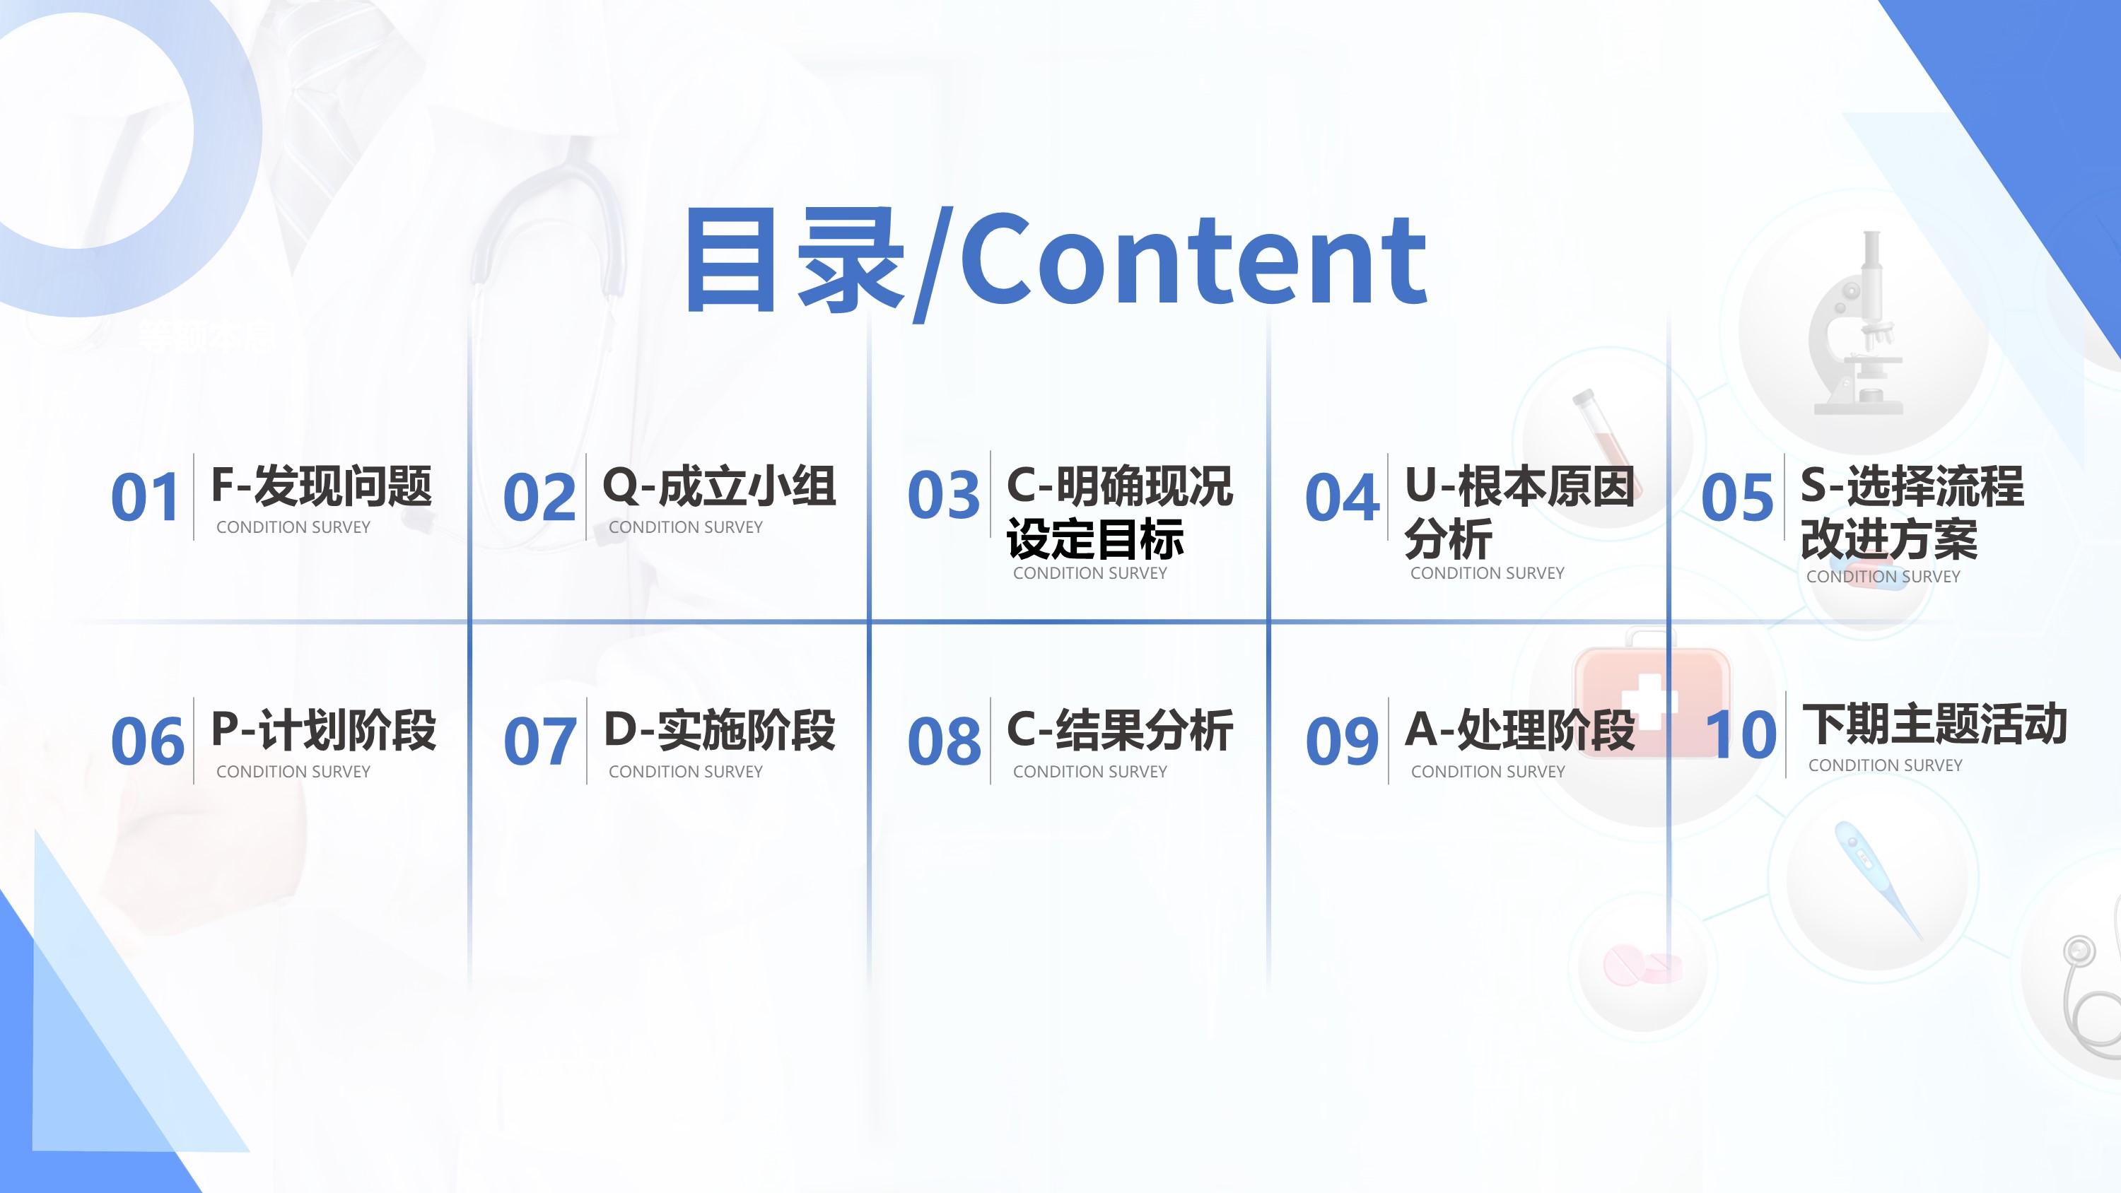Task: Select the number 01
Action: click(x=146, y=498)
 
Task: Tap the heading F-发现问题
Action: click(x=322, y=486)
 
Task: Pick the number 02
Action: click(x=539, y=498)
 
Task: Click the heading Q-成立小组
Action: click(x=720, y=486)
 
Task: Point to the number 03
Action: click(x=944, y=495)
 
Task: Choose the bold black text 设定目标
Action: click(x=1095, y=539)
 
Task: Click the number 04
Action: click(x=1342, y=498)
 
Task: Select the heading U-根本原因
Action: click(x=1520, y=486)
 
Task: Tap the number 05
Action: click(x=1737, y=498)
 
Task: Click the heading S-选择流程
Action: click(x=1912, y=486)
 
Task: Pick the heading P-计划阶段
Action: click(x=324, y=729)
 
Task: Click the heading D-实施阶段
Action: click(x=720, y=729)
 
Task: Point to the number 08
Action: click(x=945, y=741)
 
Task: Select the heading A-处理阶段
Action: click(x=1520, y=729)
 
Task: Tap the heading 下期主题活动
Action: click(x=1935, y=724)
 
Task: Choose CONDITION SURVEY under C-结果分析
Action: click(x=1090, y=772)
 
